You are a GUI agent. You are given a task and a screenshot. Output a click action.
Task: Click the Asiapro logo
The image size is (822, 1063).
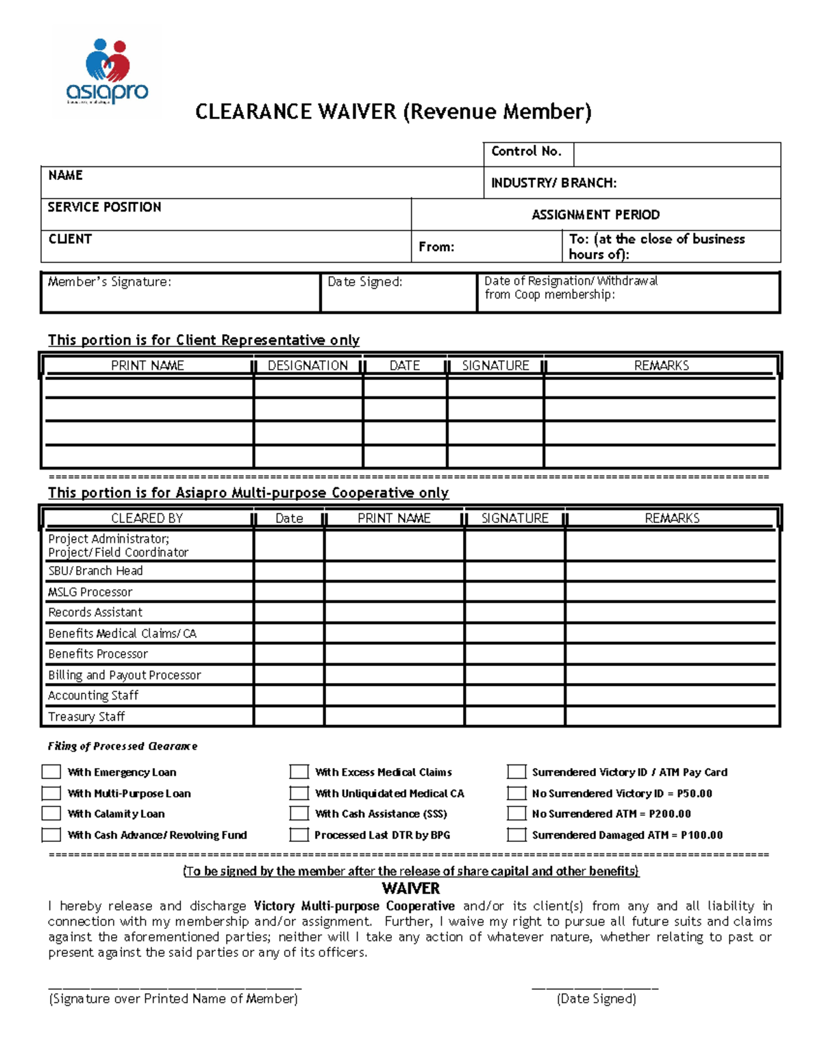[x=107, y=73]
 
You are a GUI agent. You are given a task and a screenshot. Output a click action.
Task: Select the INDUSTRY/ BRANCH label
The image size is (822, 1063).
[x=553, y=183]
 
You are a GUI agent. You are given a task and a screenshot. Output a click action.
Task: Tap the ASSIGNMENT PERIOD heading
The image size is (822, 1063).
[x=595, y=215]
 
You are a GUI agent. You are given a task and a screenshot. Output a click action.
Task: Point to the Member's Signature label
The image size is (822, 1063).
[x=110, y=282]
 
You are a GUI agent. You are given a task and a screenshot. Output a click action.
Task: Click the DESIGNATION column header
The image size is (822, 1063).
[x=308, y=366]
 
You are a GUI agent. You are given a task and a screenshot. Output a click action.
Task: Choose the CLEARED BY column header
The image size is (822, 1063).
[x=147, y=518]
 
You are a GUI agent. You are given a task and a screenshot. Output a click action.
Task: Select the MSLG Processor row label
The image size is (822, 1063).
[x=90, y=592]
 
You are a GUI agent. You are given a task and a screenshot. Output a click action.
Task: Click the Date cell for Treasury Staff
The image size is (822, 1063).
[x=289, y=716]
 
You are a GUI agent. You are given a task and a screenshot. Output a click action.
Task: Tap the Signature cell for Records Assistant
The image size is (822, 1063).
[x=514, y=612]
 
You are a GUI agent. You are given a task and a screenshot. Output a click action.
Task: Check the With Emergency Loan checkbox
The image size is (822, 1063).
[x=51, y=772]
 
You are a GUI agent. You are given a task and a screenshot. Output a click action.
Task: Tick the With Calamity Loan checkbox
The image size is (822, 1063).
[x=51, y=814]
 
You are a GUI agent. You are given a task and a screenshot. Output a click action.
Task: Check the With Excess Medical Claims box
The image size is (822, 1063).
[x=299, y=772]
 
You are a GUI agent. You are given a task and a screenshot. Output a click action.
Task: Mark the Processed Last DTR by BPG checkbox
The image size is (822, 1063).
[x=299, y=835]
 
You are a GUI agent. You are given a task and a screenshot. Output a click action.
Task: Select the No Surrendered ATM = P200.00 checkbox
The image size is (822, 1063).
[x=516, y=814]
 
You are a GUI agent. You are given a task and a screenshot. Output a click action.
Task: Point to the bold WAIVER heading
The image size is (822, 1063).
[x=410, y=888]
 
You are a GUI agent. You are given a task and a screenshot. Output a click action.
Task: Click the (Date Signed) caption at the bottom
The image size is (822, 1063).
[x=596, y=999]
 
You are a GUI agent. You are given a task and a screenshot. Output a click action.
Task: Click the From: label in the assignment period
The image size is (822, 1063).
[x=436, y=247]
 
